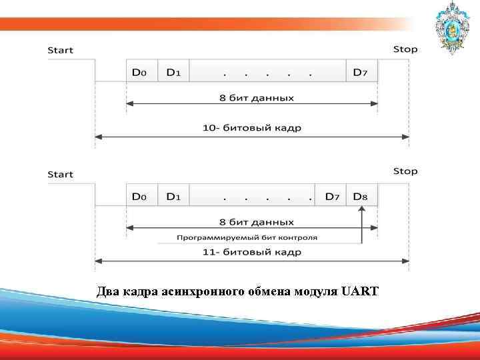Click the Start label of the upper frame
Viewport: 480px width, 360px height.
pyautogui.click(x=60, y=50)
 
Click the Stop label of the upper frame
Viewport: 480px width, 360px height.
pyautogui.click(x=405, y=49)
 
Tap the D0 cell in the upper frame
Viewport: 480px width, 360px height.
pyautogui.click(x=141, y=72)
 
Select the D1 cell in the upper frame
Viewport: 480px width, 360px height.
pyautogui.click(x=173, y=72)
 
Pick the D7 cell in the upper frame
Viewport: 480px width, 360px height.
pyautogui.click(x=361, y=72)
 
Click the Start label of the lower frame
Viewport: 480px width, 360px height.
pyautogui.click(x=60, y=174)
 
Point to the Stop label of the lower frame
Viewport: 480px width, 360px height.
pyautogui.click(x=405, y=171)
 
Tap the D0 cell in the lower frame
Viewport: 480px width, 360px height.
pyautogui.click(x=141, y=197)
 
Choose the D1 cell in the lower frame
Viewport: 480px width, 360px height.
pyautogui.click(x=173, y=197)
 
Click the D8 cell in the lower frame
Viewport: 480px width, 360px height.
pyautogui.click(x=361, y=197)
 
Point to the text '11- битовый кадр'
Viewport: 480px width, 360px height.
pyautogui.click(x=252, y=252)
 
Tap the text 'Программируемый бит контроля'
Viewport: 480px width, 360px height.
pyautogui.click(x=247, y=237)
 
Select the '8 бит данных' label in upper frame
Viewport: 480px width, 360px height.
pyautogui.click(x=256, y=98)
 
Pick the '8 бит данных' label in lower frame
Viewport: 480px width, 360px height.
pyautogui.click(x=256, y=222)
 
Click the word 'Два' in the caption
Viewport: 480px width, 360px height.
pyautogui.click(x=107, y=291)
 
